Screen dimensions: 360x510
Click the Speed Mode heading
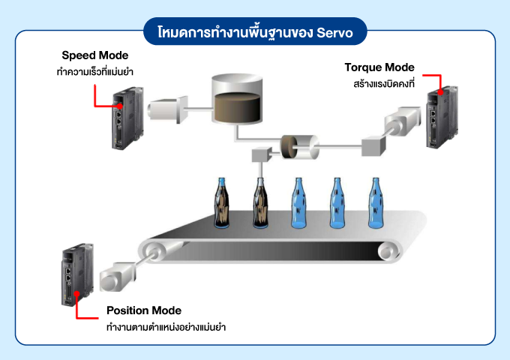pyautogui.click(x=94, y=55)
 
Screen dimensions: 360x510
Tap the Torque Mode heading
pyautogui.click(x=379, y=67)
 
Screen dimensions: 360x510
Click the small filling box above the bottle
pyautogui.click(x=261, y=155)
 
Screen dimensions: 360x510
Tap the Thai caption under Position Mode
pyautogui.click(x=166, y=327)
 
